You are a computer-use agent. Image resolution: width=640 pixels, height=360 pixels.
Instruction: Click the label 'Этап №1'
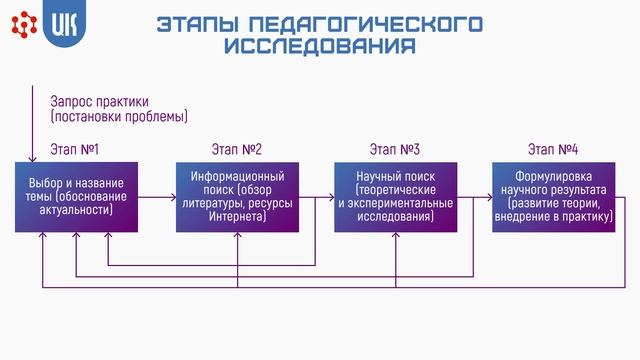[74, 150]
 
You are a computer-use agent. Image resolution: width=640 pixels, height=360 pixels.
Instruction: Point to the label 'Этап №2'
[237, 150]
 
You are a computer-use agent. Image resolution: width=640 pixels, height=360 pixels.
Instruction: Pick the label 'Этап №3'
[393, 150]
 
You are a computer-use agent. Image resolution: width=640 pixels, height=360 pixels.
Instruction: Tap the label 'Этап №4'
[553, 150]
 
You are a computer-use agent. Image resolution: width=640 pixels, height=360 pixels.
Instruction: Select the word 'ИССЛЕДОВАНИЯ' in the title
[320, 46]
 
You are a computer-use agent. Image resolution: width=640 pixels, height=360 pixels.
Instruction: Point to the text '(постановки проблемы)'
[119, 117]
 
